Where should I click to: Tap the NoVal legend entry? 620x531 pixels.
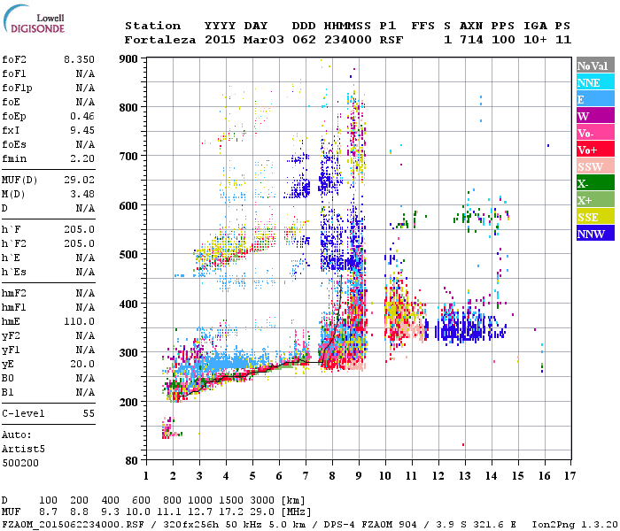coord(591,65)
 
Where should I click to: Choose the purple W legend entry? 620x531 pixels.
coord(591,116)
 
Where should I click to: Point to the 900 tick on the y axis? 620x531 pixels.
coord(129,59)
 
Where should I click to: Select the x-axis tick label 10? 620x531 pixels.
coord(385,475)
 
